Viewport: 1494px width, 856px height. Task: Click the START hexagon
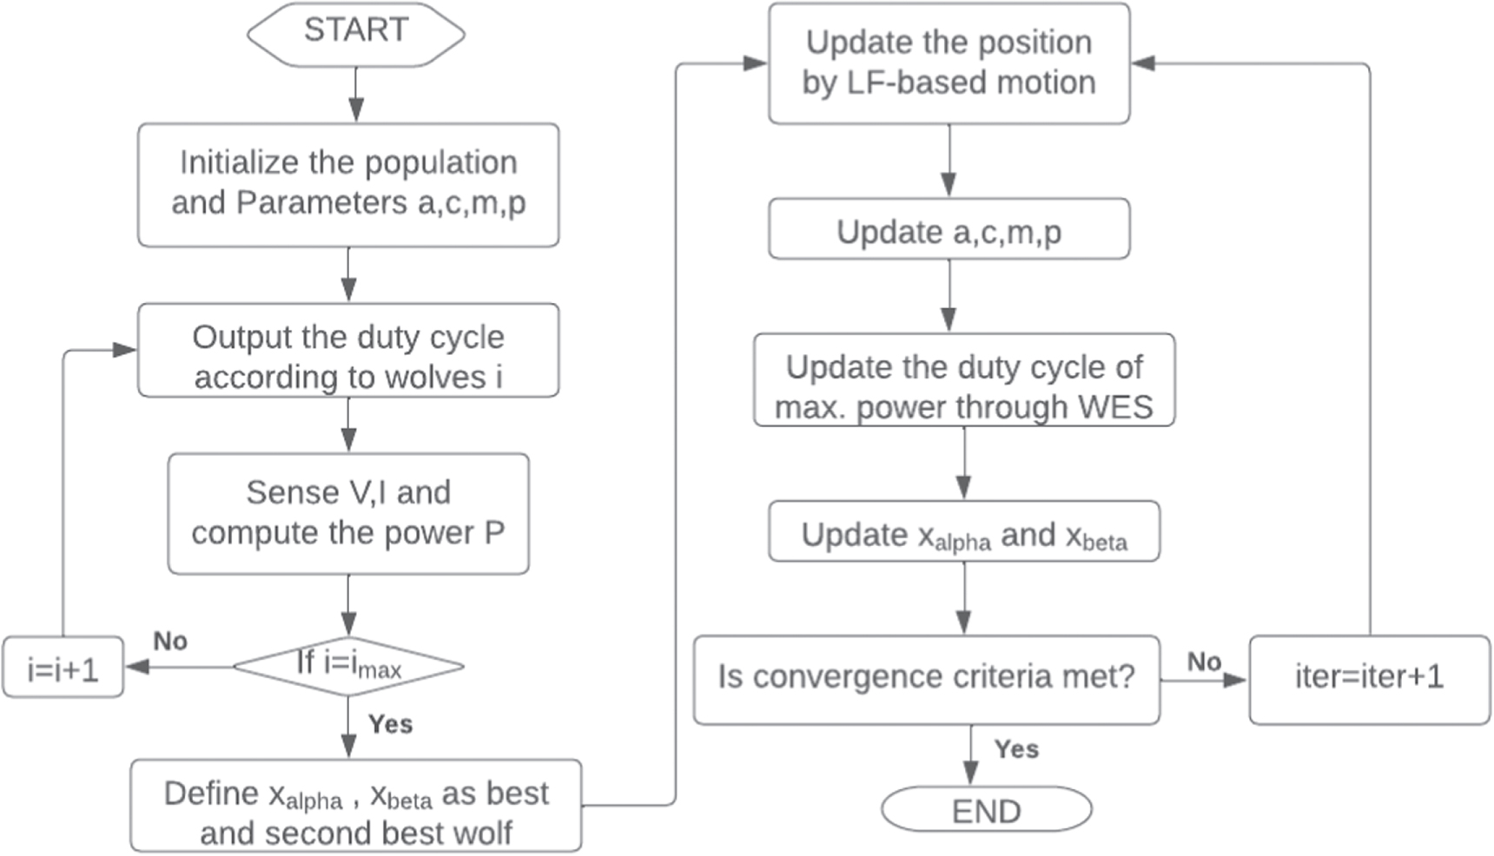coord(356,33)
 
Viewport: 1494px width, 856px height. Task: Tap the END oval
coord(986,810)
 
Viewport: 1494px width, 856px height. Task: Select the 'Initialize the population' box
coord(348,184)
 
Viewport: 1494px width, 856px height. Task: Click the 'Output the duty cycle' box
coord(348,351)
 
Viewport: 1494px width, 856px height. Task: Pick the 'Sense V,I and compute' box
coord(348,513)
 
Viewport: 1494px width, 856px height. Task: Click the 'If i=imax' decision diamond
coord(348,667)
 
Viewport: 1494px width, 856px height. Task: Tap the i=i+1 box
coord(63,668)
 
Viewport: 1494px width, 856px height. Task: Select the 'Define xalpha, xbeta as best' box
coord(356,806)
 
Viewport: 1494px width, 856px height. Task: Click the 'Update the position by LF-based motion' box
coord(949,63)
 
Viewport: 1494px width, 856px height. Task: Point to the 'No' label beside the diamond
coord(170,641)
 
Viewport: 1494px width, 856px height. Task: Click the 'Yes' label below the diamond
coord(390,724)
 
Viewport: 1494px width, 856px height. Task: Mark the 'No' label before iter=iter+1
coord(1204,662)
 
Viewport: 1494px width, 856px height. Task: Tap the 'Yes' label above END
coord(1016,748)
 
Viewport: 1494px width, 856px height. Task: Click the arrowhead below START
coord(355,110)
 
